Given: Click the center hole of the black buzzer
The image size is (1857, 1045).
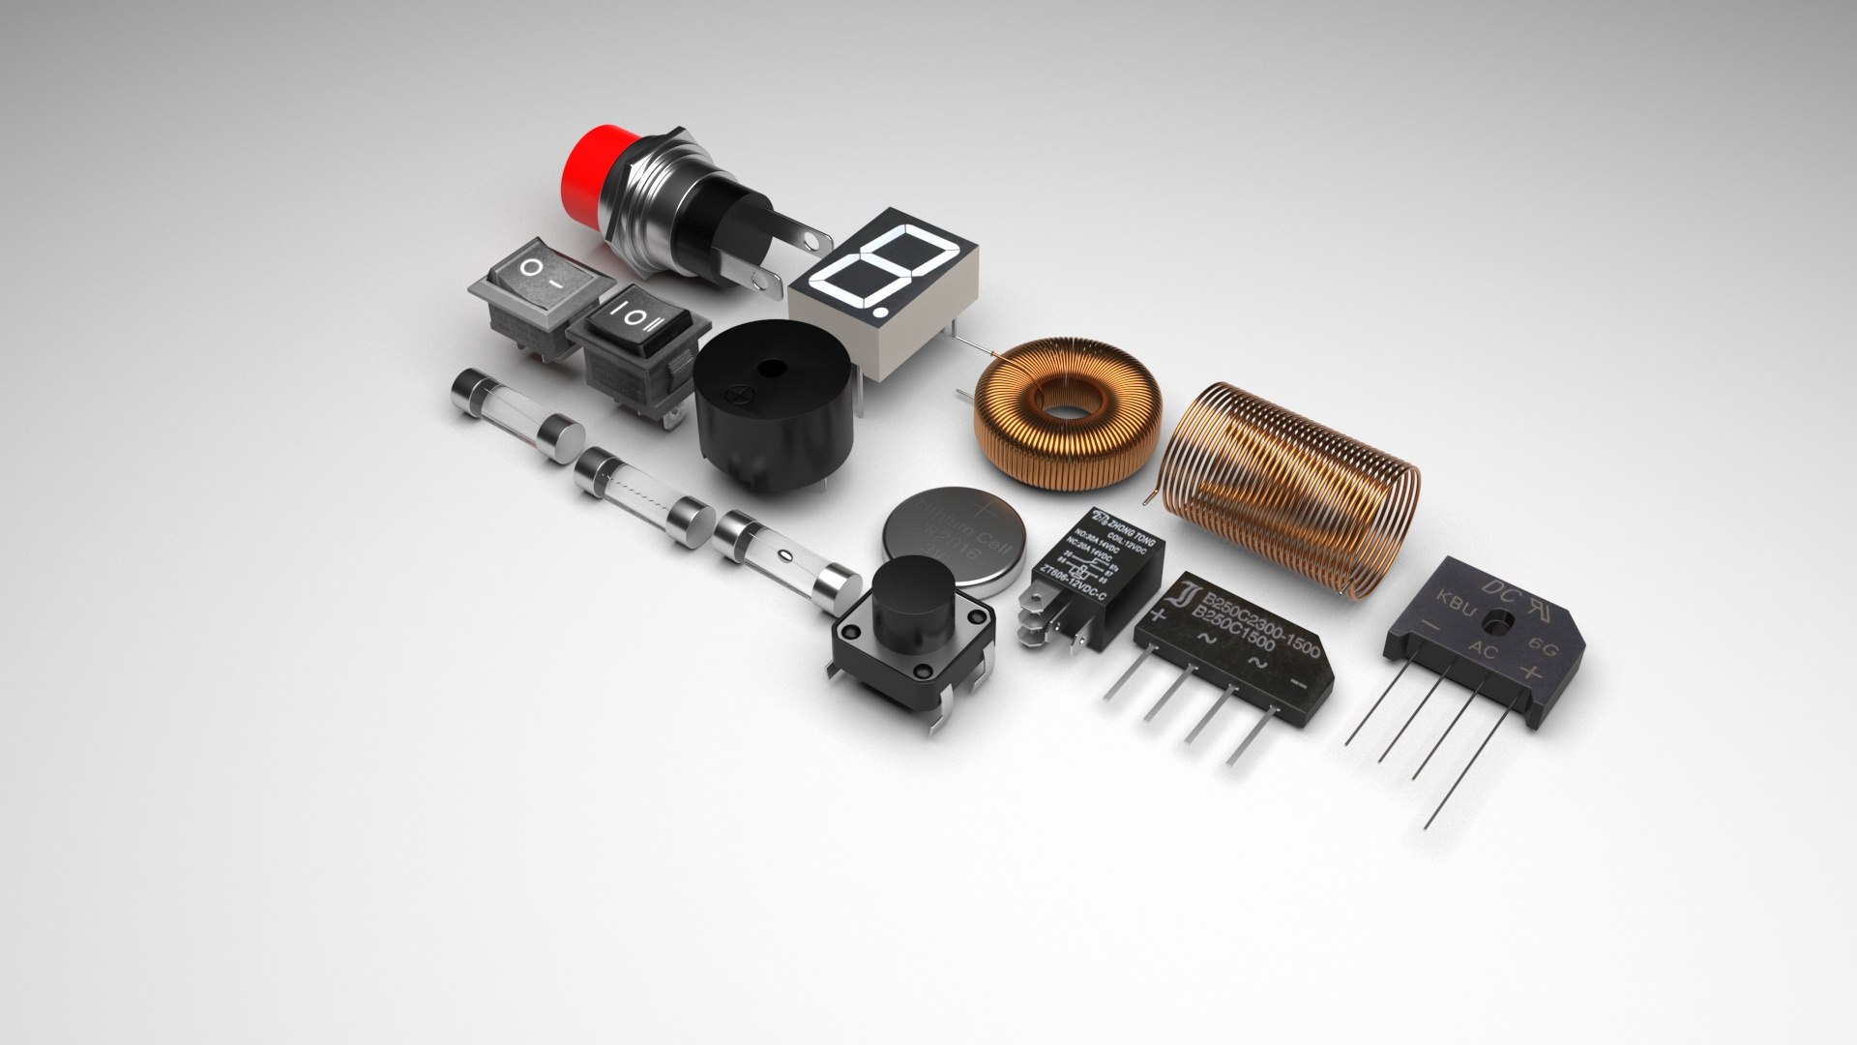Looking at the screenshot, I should pyautogui.click(x=771, y=369).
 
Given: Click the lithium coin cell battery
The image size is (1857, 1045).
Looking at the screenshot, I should pyautogui.click(x=953, y=542).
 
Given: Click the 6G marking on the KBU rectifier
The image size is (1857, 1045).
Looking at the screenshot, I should pyautogui.click(x=1542, y=648).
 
